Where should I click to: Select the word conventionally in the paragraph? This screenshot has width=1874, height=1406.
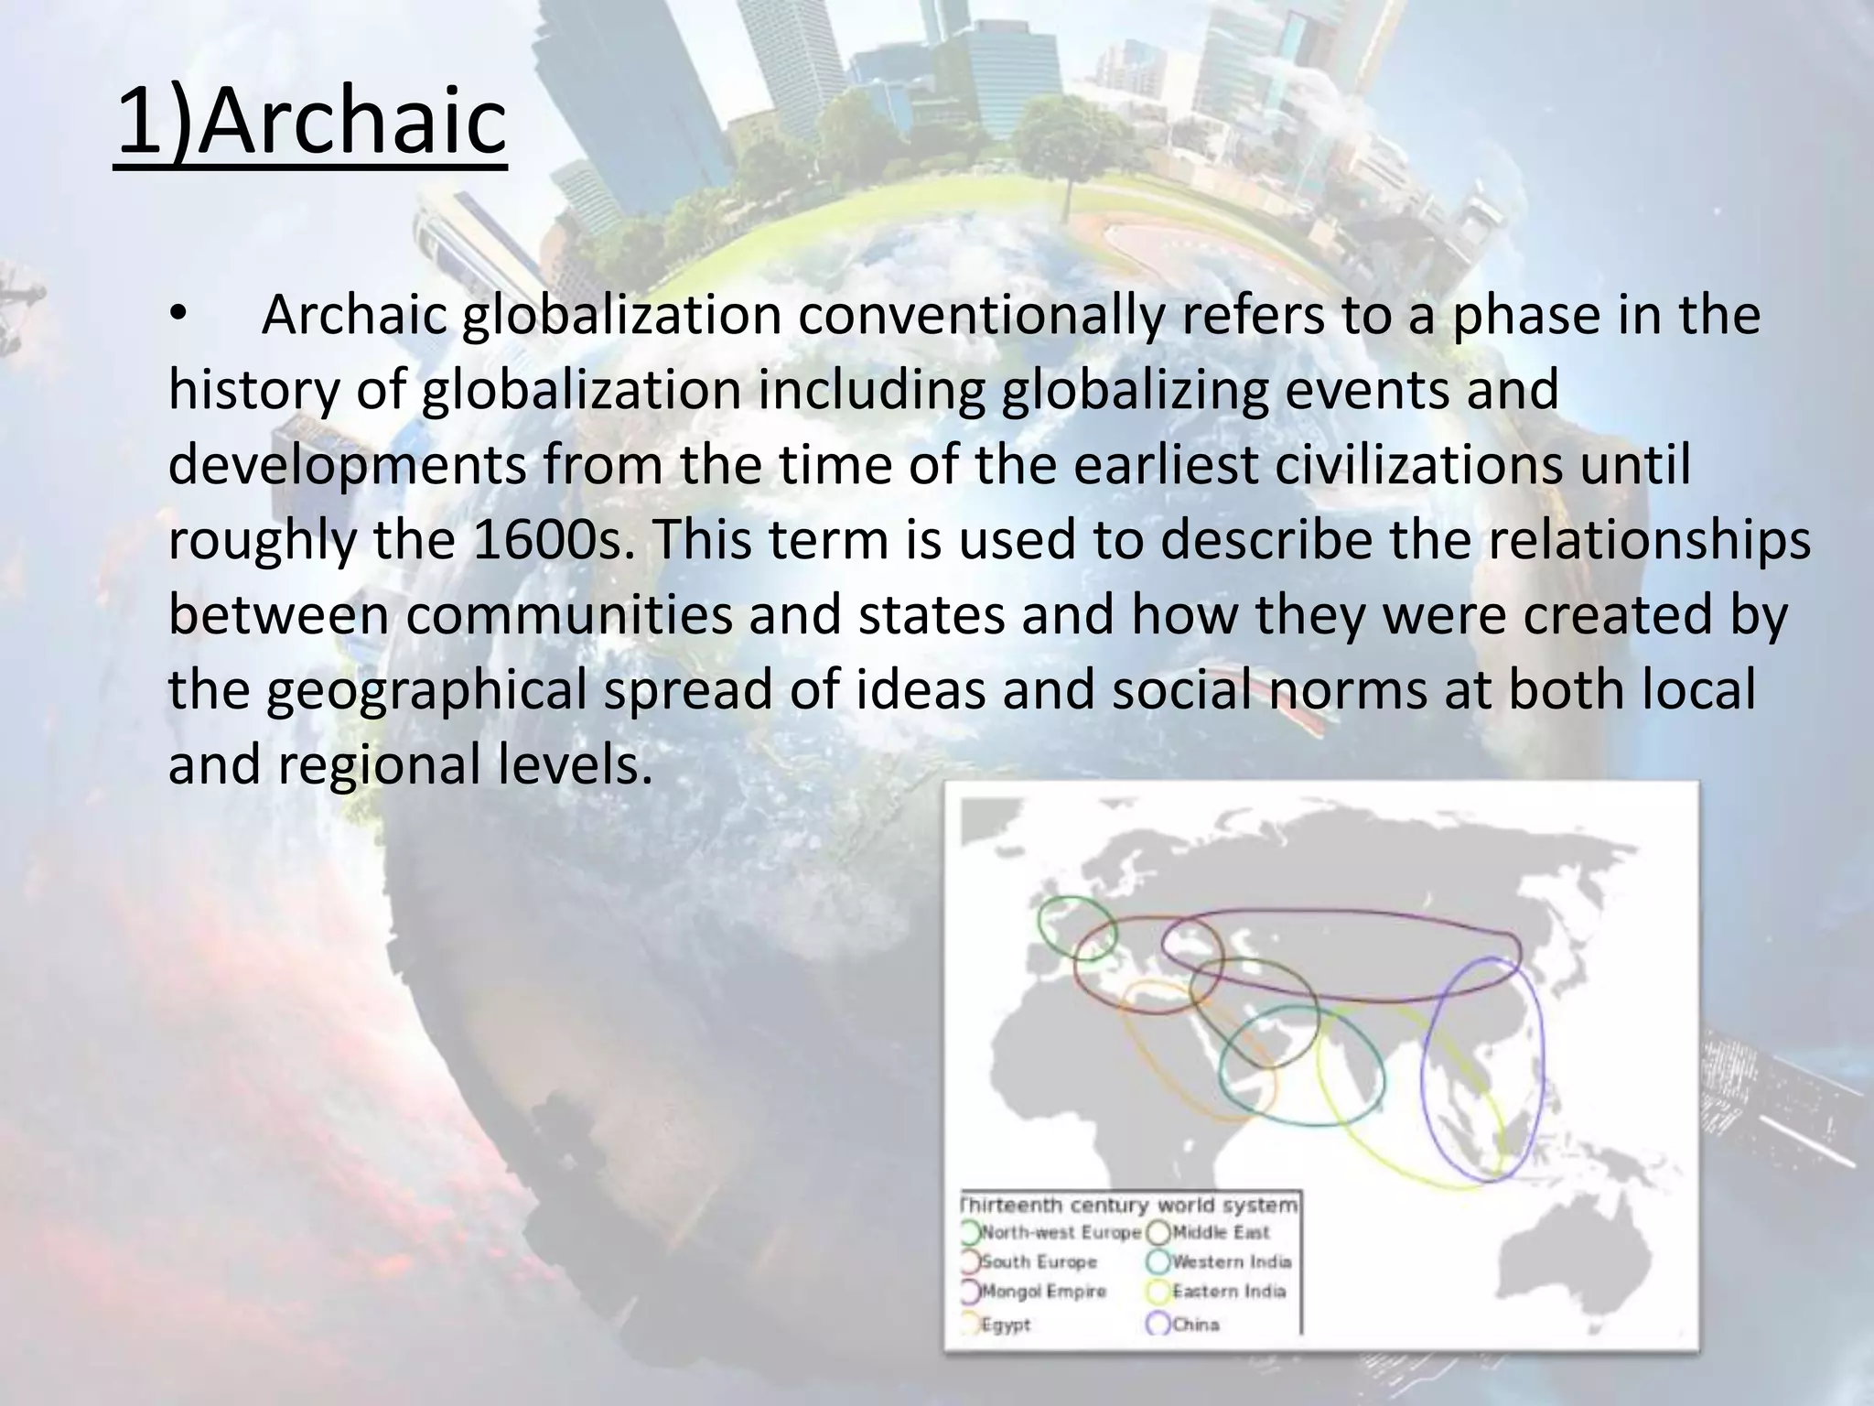pyautogui.click(x=980, y=316)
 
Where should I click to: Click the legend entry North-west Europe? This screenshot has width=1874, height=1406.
pyautogui.click(x=1061, y=1233)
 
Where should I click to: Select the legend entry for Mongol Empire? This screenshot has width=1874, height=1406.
pyautogui.click(x=1042, y=1292)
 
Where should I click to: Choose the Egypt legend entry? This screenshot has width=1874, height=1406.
pyautogui.click(x=1005, y=1325)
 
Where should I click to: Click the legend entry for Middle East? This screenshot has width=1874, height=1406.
pyautogui.click(x=1220, y=1233)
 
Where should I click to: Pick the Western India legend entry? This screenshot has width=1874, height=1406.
pyautogui.click(x=1231, y=1262)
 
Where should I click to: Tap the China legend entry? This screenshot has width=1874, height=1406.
pyautogui.click(x=1195, y=1325)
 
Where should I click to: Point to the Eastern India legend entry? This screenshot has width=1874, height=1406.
pyautogui.click(x=1228, y=1292)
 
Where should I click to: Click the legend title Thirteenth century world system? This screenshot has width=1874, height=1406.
pyautogui.click(x=1129, y=1205)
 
